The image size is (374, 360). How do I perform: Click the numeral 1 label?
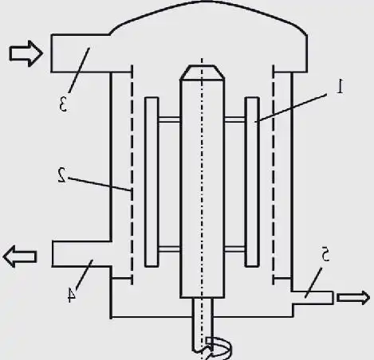tap(339, 86)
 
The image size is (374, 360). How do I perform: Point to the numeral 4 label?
tap(71, 295)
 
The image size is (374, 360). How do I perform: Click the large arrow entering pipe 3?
tap(23, 53)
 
